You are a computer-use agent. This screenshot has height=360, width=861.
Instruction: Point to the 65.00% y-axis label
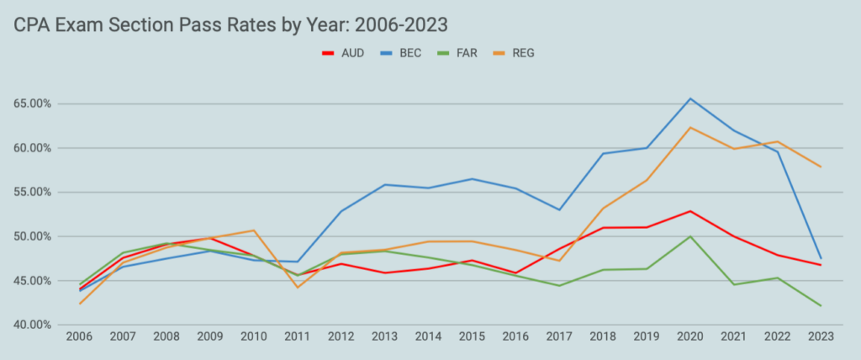29,103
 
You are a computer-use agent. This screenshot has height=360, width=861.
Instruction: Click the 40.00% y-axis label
29,324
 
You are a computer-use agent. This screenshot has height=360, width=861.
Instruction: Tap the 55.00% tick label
29,192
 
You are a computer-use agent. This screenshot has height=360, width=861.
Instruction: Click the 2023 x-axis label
820,336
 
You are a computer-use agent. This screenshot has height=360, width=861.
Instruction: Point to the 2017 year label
559,336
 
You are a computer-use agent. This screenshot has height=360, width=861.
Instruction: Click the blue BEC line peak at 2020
689,98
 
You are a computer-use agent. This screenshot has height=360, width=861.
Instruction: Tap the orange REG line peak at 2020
689,128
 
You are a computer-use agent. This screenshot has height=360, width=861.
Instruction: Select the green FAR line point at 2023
820,305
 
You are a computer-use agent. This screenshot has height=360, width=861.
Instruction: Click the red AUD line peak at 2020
689,211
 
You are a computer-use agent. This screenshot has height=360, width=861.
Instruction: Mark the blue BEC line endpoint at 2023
820,258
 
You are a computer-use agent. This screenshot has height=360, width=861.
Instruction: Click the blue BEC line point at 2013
385,184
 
